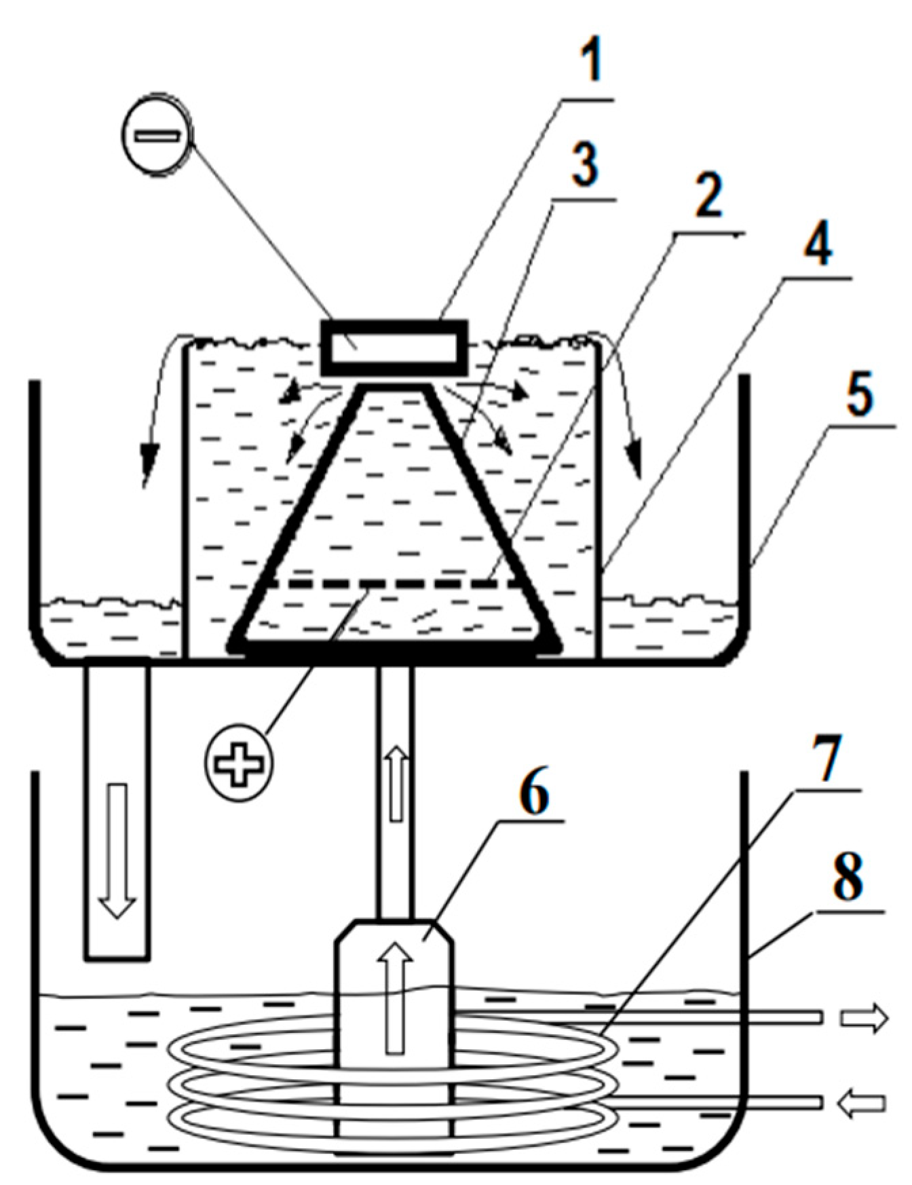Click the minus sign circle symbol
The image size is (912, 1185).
(x=157, y=134)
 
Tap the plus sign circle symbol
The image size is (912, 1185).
(x=239, y=764)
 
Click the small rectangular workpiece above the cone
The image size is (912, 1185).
(x=394, y=347)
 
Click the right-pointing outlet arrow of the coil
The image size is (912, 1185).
(x=864, y=1017)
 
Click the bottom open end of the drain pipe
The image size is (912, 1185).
(x=117, y=958)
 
